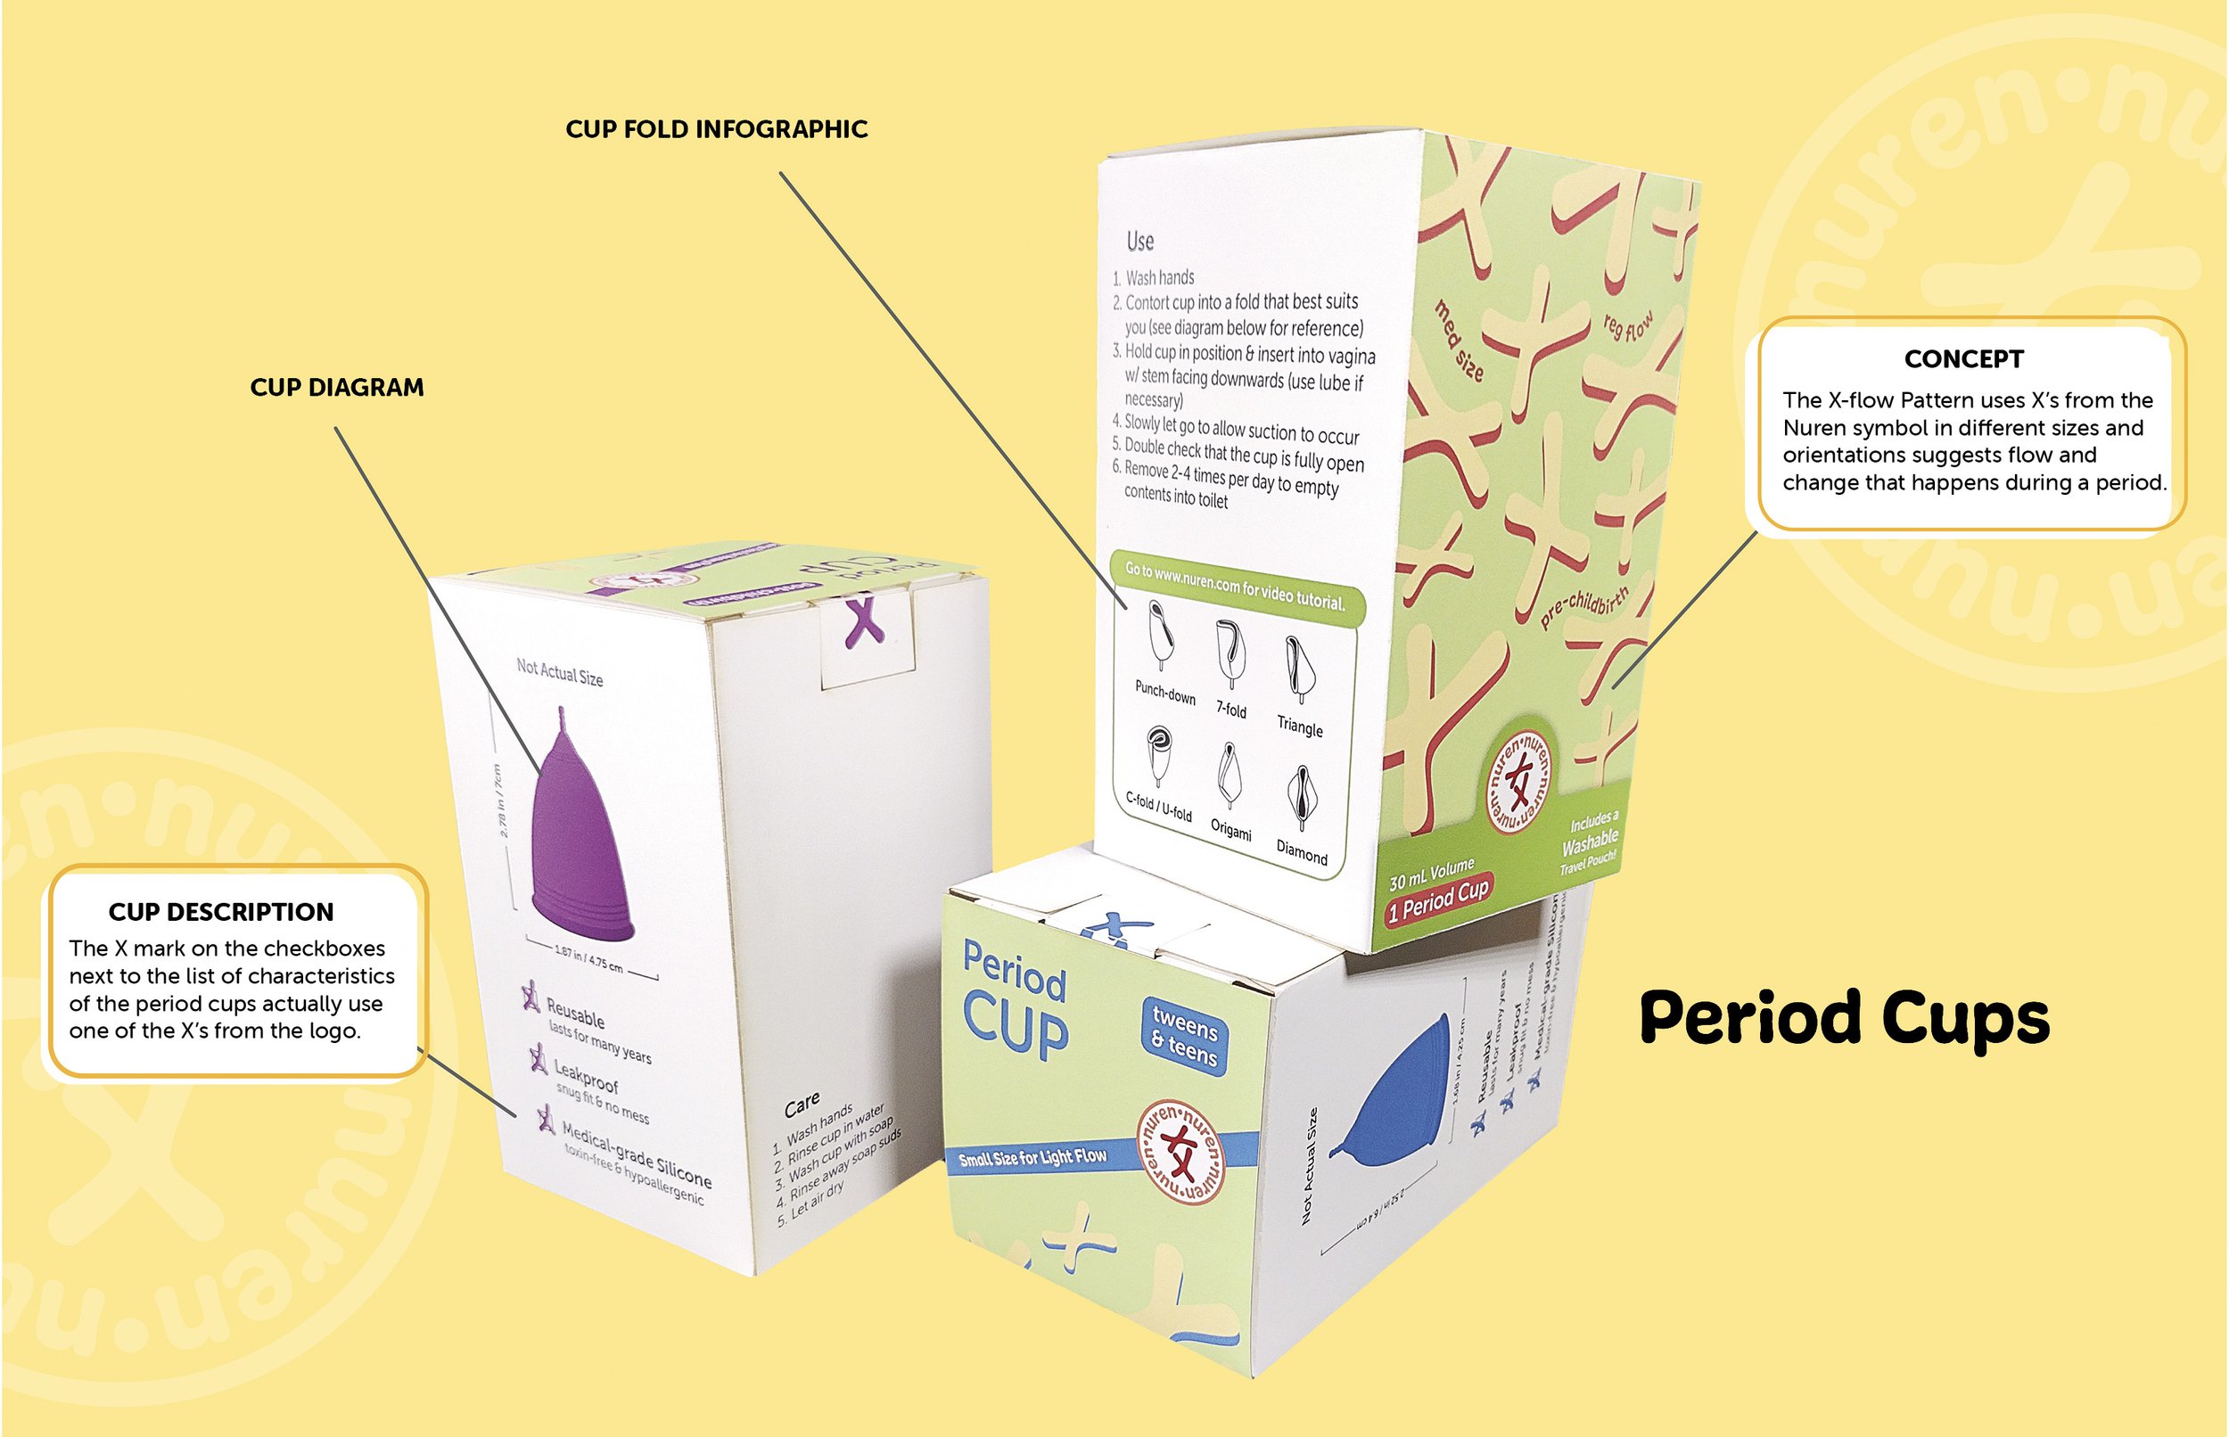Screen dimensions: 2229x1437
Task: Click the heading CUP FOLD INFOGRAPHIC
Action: coord(717,128)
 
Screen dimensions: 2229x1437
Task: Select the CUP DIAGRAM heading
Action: coord(337,387)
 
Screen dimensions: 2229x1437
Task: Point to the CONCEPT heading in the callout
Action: coord(1963,359)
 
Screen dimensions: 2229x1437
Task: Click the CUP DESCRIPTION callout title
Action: coord(221,912)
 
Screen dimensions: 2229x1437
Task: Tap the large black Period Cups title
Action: coord(1845,1019)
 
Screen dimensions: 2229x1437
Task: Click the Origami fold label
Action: coord(1230,827)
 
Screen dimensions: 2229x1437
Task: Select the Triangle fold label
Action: coord(1300,726)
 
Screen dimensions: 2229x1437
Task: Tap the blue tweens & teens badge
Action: coord(1183,1036)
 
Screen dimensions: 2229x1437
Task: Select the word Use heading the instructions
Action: coord(1139,242)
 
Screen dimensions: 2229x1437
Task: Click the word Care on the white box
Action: coord(802,1105)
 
